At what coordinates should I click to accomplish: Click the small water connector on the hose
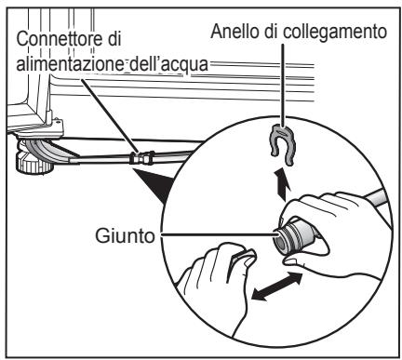(x=141, y=158)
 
